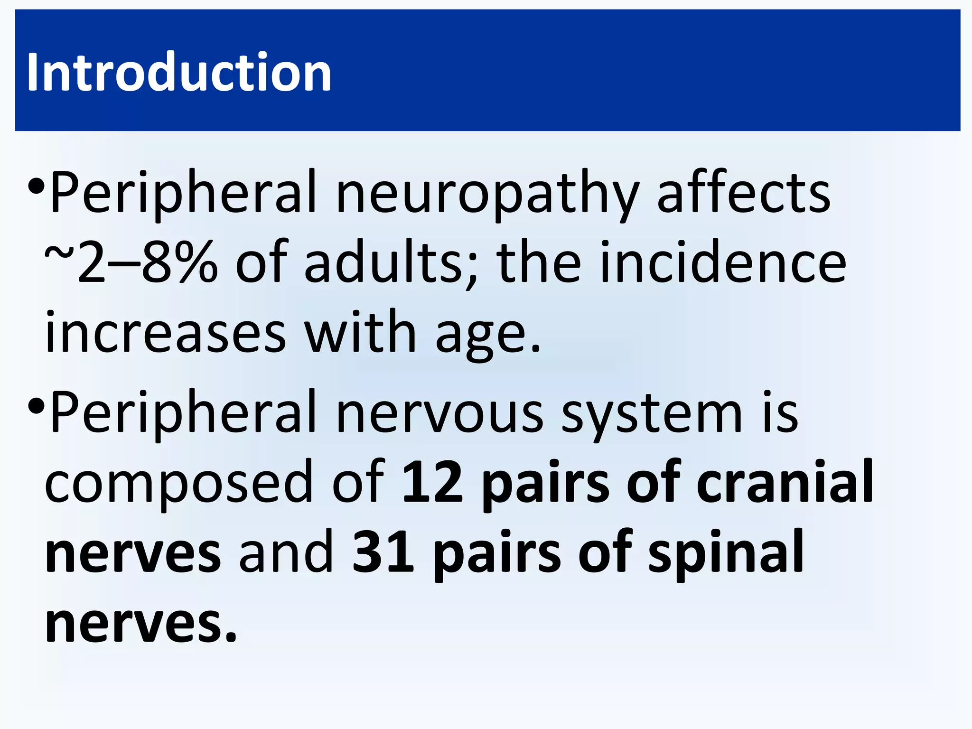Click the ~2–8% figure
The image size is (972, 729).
click(x=131, y=262)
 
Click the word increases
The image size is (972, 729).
click(x=166, y=332)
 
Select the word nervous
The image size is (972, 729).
click(x=439, y=413)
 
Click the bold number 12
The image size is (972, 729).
click(x=432, y=482)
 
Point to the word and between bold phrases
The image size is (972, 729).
click(x=286, y=552)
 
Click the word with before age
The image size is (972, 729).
click(x=360, y=332)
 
